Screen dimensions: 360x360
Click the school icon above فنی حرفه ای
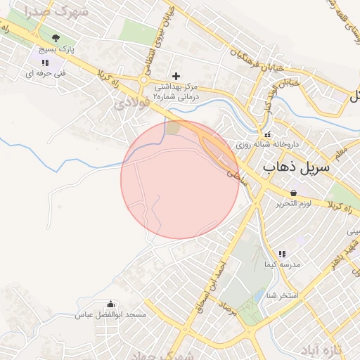pyautogui.click(x=45, y=62)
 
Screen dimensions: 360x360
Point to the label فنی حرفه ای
pyautogui.click(x=44, y=72)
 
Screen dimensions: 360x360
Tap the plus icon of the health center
pyautogui.click(x=176, y=75)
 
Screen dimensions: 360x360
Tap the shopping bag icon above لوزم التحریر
pyautogui.click(x=292, y=193)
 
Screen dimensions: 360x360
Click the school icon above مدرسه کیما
pyautogui.click(x=281, y=253)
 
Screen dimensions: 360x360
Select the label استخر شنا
pyautogui.click(x=283, y=295)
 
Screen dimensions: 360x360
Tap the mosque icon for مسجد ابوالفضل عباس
pyautogui.click(x=110, y=304)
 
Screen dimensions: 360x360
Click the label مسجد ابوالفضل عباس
pyautogui.click(x=110, y=315)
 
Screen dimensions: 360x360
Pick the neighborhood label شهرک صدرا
pyautogui.click(x=48, y=13)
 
